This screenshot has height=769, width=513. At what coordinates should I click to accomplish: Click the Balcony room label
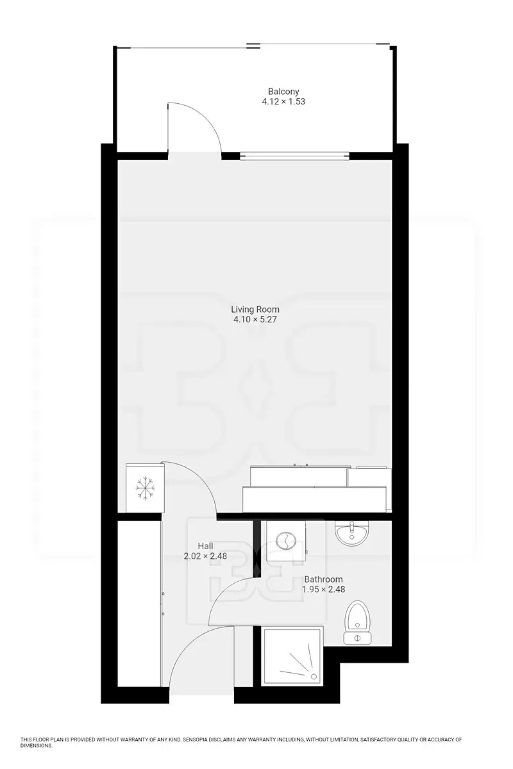283,92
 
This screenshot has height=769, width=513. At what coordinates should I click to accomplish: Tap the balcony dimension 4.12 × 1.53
283,102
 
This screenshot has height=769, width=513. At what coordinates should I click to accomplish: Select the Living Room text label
255,310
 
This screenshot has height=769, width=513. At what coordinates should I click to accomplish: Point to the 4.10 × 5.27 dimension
255,320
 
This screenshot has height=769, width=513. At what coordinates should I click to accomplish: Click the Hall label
205,546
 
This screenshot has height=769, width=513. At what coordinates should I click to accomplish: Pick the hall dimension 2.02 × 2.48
205,556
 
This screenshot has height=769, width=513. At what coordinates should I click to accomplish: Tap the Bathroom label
323,579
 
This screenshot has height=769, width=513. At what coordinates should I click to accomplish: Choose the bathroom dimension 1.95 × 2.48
323,590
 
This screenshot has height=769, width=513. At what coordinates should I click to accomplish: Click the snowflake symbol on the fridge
146,488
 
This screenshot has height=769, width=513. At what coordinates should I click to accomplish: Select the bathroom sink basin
351,533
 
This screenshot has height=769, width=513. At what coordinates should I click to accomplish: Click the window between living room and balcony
294,156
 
